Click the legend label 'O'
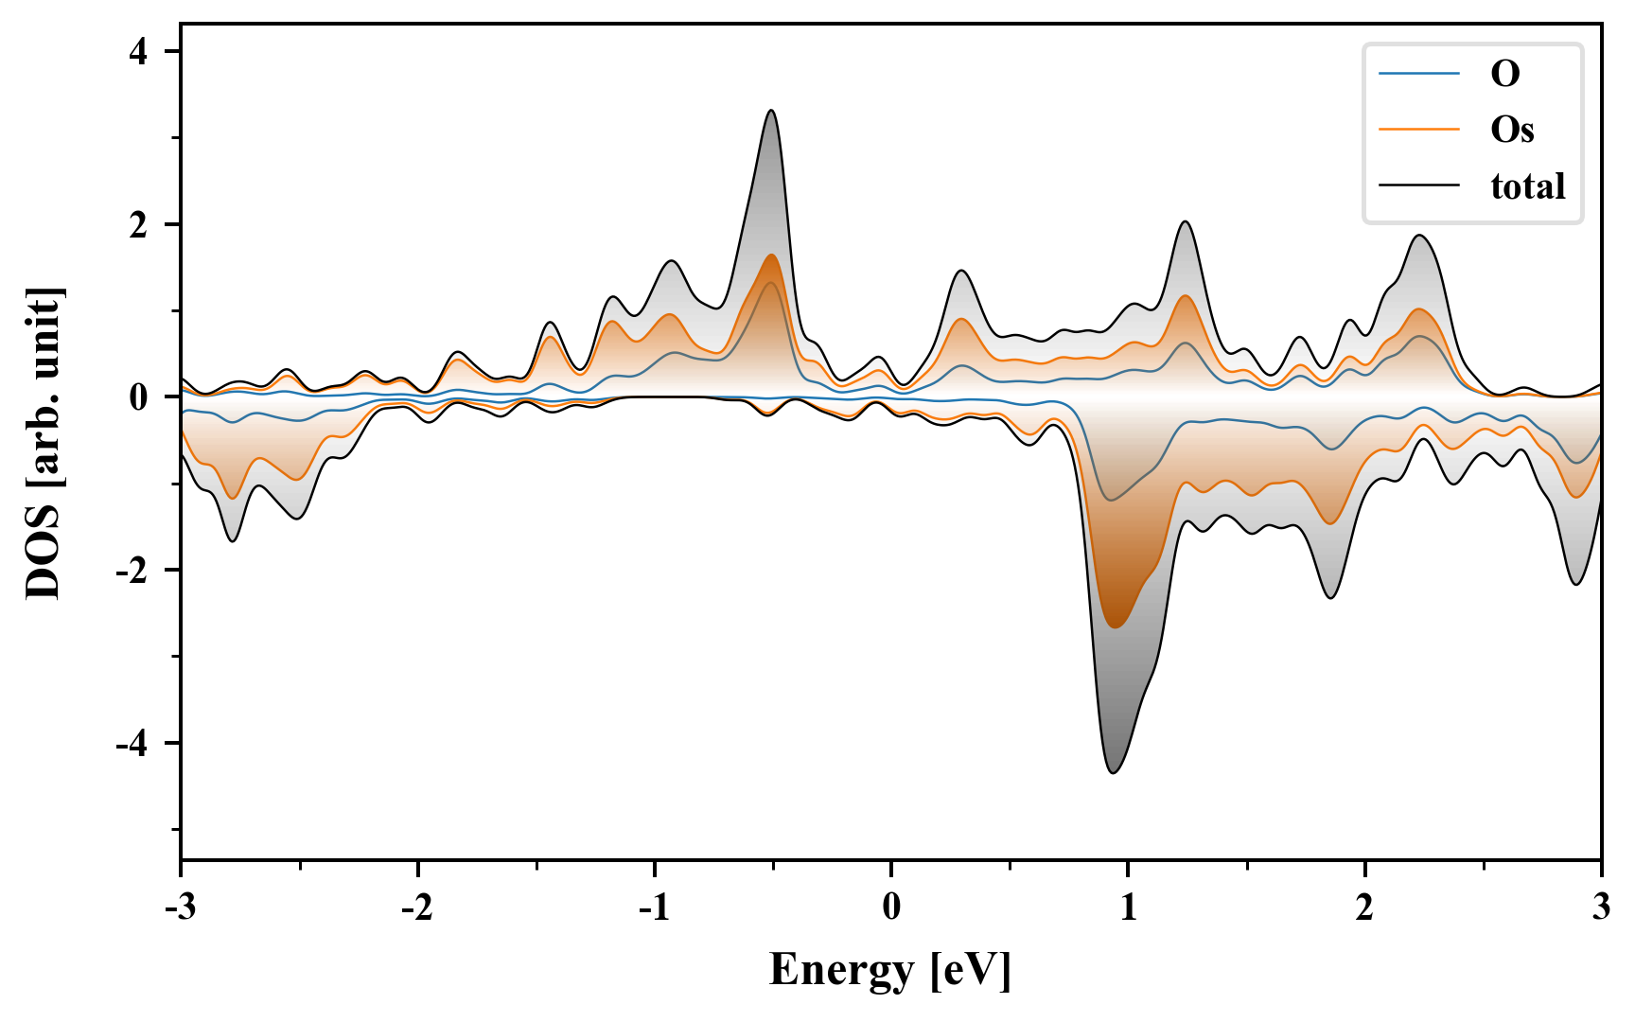[x=1504, y=74]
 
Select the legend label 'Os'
[x=1511, y=130]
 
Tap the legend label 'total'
[x=1527, y=186]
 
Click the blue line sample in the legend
[x=1418, y=74]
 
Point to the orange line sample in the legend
[x=1418, y=130]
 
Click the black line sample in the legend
[x=1418, y=186]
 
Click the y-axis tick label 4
[x=139, y=52]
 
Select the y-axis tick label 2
[x=139, y=225]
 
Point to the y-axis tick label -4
[x=133, y=744]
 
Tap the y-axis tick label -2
[x=133, y=571]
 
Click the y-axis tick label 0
[x=139, y=397]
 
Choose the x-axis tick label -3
[x=180, y=907]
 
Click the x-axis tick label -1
[x=653, y=907]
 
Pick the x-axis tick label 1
[x=1128, y=907]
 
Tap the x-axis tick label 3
[x=1601, y=907]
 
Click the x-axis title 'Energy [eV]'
[x=890, y=970]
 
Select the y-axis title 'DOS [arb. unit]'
[x=44, y=443]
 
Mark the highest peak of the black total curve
[x=772, y=111]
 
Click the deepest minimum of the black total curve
[x=1114, y=773]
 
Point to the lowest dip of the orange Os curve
[x=1115, y=627]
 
